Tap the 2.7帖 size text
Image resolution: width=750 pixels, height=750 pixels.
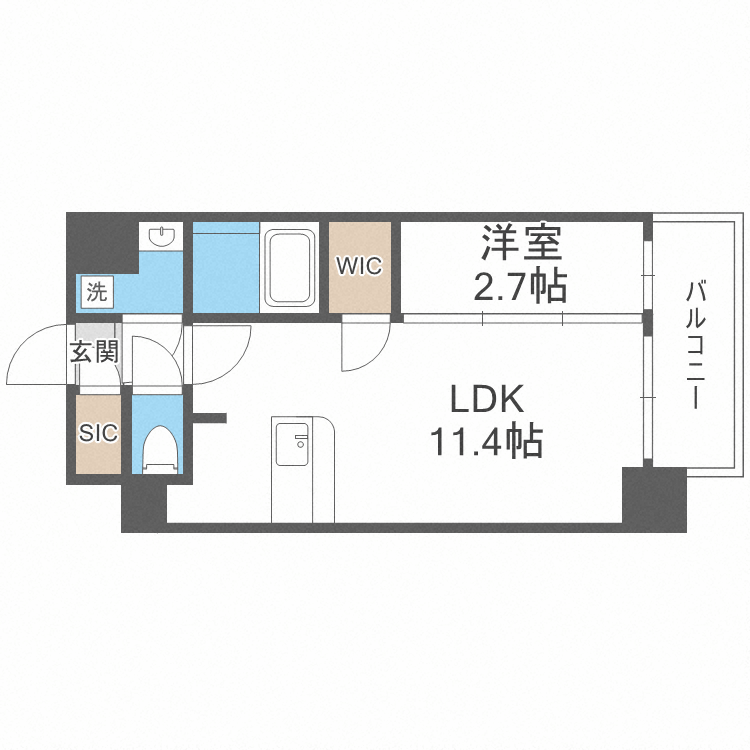(520, 287)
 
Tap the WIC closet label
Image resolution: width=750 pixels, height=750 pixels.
(359, 266)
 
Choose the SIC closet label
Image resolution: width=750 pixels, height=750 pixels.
(99, 433)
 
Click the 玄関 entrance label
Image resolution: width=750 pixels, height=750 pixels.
(94, 352)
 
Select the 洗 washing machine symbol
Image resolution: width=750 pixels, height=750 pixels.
(97, 293)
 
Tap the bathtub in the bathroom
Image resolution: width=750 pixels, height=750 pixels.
(290, 267)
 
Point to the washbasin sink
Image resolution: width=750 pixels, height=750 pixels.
(160, 237)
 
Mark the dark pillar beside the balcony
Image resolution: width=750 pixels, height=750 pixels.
(653, 497)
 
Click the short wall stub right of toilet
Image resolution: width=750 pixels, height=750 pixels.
(211, 416)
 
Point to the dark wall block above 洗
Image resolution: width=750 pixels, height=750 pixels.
(100, 245)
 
